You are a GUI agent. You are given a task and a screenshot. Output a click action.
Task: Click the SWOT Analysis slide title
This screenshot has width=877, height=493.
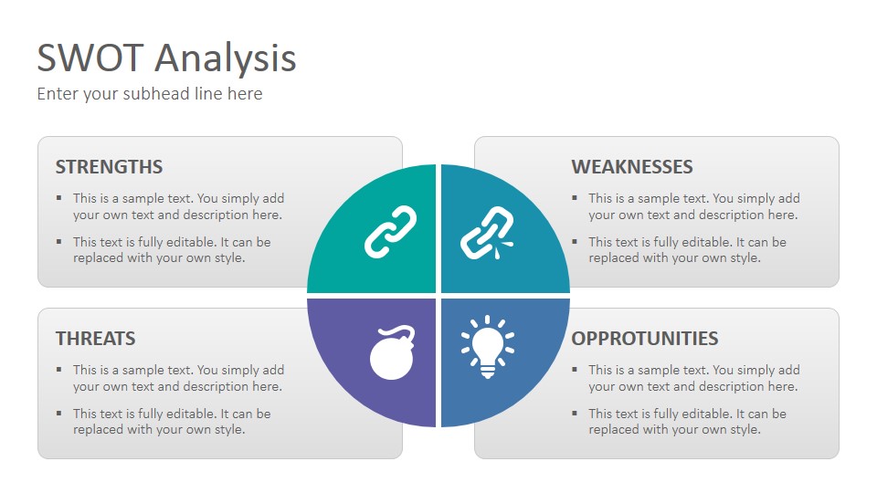166,58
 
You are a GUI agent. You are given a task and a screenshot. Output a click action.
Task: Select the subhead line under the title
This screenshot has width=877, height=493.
149,93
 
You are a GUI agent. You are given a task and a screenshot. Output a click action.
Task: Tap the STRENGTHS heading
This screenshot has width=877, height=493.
109,166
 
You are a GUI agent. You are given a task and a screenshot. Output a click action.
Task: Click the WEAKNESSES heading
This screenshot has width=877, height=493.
632,166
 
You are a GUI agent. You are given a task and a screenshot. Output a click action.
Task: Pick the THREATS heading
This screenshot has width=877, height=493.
96,338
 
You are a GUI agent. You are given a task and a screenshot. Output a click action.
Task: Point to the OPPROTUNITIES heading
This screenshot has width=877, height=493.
645,338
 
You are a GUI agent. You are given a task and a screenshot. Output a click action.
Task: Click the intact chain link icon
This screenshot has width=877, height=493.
390,232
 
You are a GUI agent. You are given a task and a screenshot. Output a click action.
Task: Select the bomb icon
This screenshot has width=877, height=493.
392,352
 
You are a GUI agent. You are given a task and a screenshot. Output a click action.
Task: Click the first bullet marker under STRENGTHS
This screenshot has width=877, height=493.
58,197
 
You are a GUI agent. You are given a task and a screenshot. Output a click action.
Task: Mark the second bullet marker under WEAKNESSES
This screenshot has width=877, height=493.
575,241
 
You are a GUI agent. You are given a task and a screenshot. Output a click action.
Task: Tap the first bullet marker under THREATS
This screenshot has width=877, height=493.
58,369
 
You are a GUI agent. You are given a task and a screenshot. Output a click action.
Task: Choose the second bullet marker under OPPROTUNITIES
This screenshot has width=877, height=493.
575,413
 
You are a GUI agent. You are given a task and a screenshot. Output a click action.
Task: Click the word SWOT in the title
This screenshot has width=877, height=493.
90,58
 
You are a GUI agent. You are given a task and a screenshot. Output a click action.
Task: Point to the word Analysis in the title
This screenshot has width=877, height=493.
226,59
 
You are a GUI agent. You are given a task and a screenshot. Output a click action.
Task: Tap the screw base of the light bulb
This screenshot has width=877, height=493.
488,371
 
